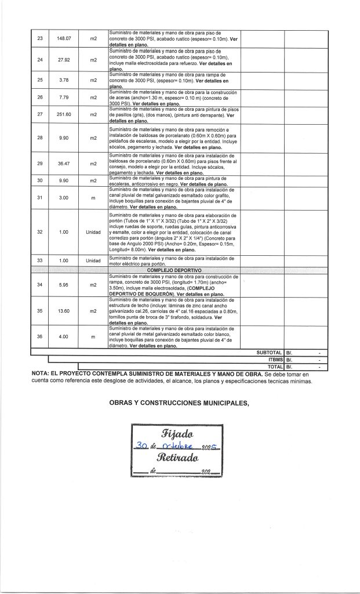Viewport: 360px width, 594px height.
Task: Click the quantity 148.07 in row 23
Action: pyautogui.click(x=64, y=38)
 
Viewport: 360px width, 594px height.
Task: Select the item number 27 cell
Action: pyautogui.click(x=40, y=114)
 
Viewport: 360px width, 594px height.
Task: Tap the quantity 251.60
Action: pyautogui.click(x=64, y=114)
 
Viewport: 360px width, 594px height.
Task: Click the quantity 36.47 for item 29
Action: pyautogui.click(x=64, y=164)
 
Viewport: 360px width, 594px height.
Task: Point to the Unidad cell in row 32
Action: pyautogui.click(x=93, y=232)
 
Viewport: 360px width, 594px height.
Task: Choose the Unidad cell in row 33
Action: pyautogui.click(x=93, y=260)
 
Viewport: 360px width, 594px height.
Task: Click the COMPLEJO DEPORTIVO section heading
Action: pyautogui.click(x=174, y=270)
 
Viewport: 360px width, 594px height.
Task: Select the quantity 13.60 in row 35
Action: pyautogui.click(x=64, y=311)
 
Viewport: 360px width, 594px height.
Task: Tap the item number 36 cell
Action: pyautogui.click(x=40, y=336)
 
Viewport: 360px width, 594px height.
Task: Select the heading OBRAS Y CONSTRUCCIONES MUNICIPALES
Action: pyautogui.click(x=179, y=404)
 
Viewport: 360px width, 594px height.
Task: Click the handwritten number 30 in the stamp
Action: pyautogui.click(x=140, y=447)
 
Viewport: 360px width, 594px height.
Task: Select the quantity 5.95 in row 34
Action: pyautogui.click(x=64, y=285)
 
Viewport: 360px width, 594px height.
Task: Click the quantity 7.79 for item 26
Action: pyautogui.click(x=64, y=97)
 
